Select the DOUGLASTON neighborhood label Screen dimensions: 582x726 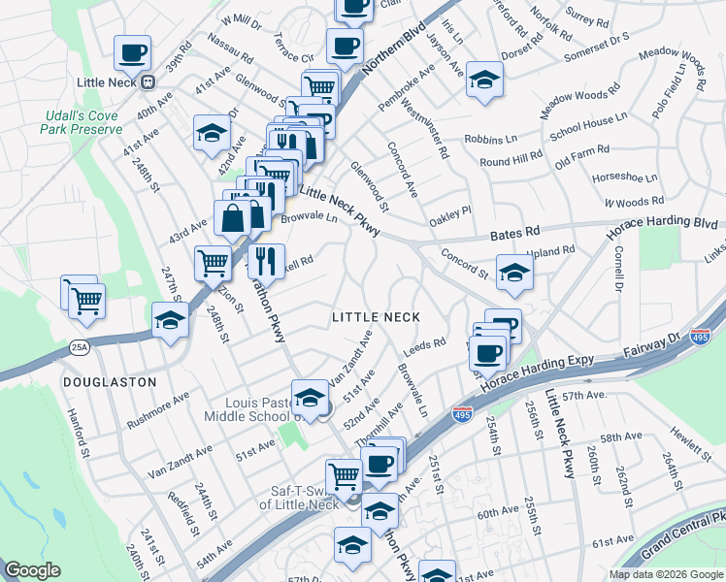coord(110,382)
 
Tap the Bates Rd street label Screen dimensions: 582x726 coord(514,234)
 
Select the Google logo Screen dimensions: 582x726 coord(32,570)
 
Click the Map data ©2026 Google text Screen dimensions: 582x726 coord(666,574)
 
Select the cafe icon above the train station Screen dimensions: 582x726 coord(132,52)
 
